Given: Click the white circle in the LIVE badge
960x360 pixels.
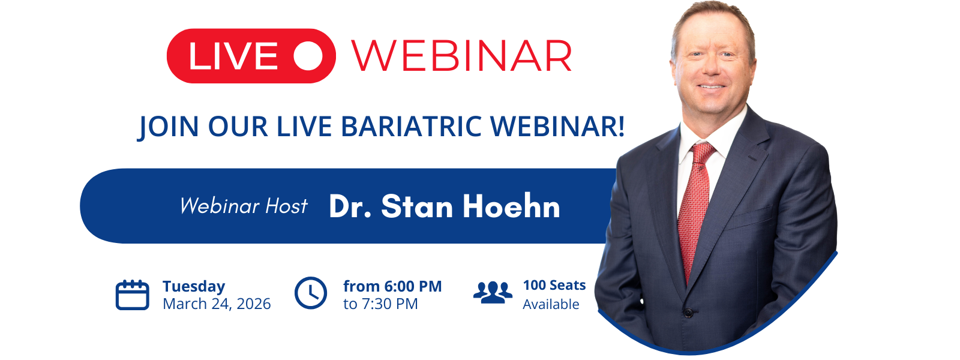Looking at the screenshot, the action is (x=308, y=56).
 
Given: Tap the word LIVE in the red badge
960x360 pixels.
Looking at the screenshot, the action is (x=233, y=56).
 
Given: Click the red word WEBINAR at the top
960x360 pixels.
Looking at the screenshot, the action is (x=462, y=56).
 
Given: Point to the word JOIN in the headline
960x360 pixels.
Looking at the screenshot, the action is (x=169, y=127).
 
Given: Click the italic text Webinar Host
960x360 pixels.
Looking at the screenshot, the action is (x=244, y=206).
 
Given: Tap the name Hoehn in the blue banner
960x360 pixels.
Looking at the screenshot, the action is (x=511, y=206).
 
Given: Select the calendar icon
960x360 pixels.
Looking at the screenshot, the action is (x=133, y=295).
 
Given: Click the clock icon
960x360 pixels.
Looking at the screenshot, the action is (x=311, y=293).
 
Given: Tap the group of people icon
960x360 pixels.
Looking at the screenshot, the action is (x=493, y=293).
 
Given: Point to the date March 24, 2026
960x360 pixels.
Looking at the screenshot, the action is (x=217, y=304).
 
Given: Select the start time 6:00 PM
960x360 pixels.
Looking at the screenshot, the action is (x=413, y=286).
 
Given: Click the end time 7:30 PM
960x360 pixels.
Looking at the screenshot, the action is (x=389, y=304).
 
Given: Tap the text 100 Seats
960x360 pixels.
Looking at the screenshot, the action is (x=554, y=286).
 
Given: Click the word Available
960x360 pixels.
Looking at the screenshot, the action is (x=551, y=304).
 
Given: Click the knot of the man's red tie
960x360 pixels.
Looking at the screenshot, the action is (x=701, y=154).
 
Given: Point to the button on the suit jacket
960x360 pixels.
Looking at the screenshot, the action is (x=688, y=313).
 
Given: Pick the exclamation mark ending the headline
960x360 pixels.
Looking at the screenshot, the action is (x=621, y=126).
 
